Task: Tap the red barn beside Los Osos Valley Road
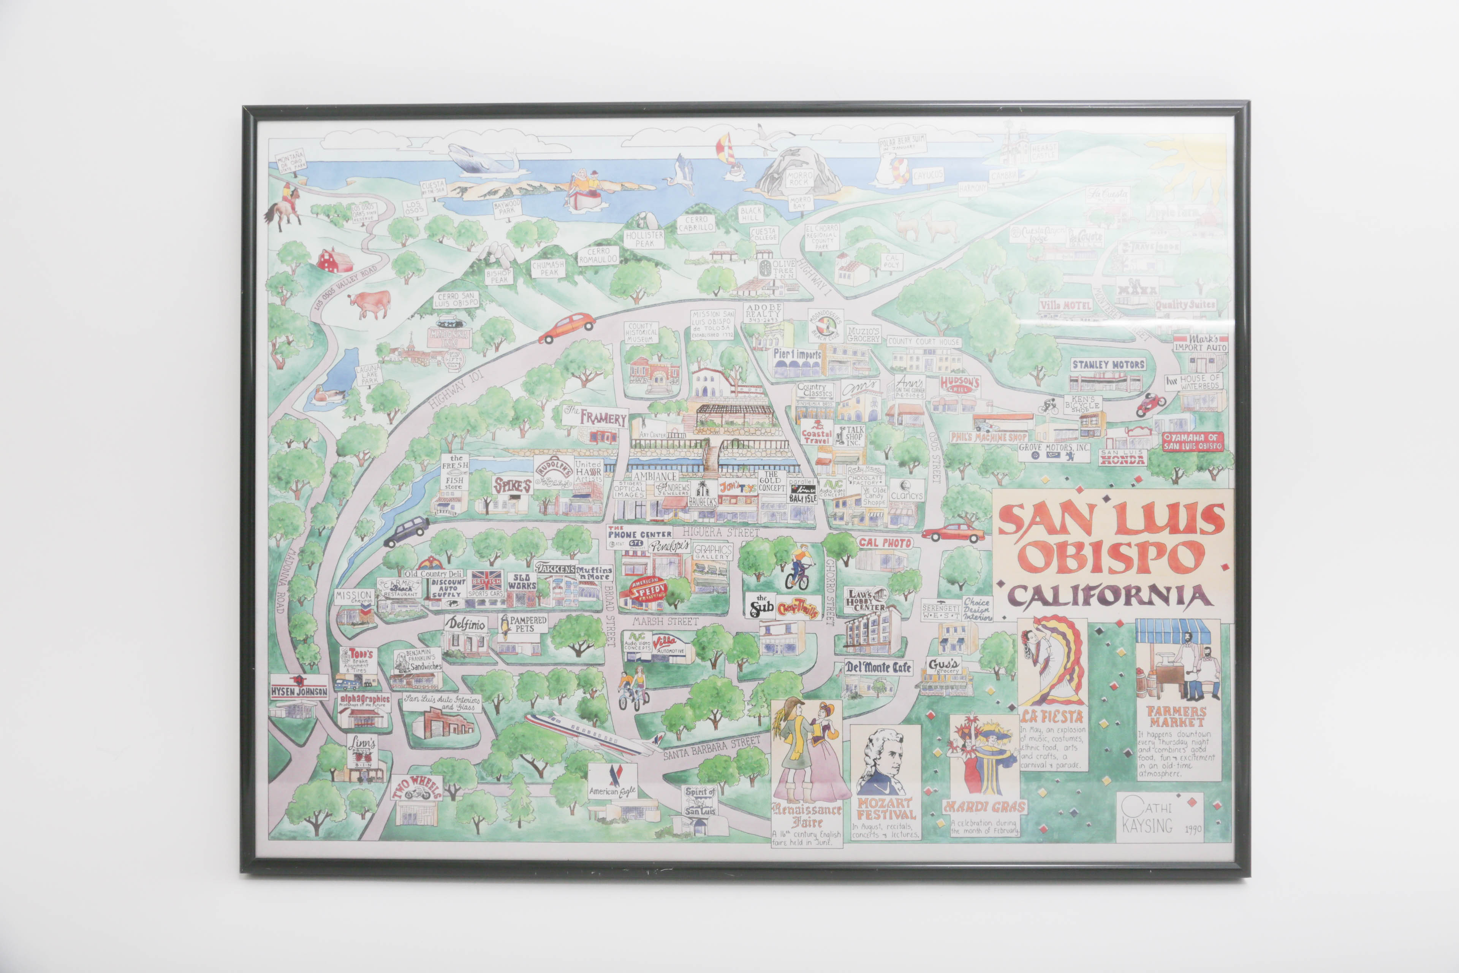click(x=335, y=261)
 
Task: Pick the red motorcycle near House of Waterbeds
click(x=1151, y=404)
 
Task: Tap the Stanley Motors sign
click(x=1108, y=365)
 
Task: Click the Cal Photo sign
click(x=885, y=542)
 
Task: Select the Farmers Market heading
click(x=1176, y=717)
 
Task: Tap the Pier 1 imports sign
click(x=797, y=354)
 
